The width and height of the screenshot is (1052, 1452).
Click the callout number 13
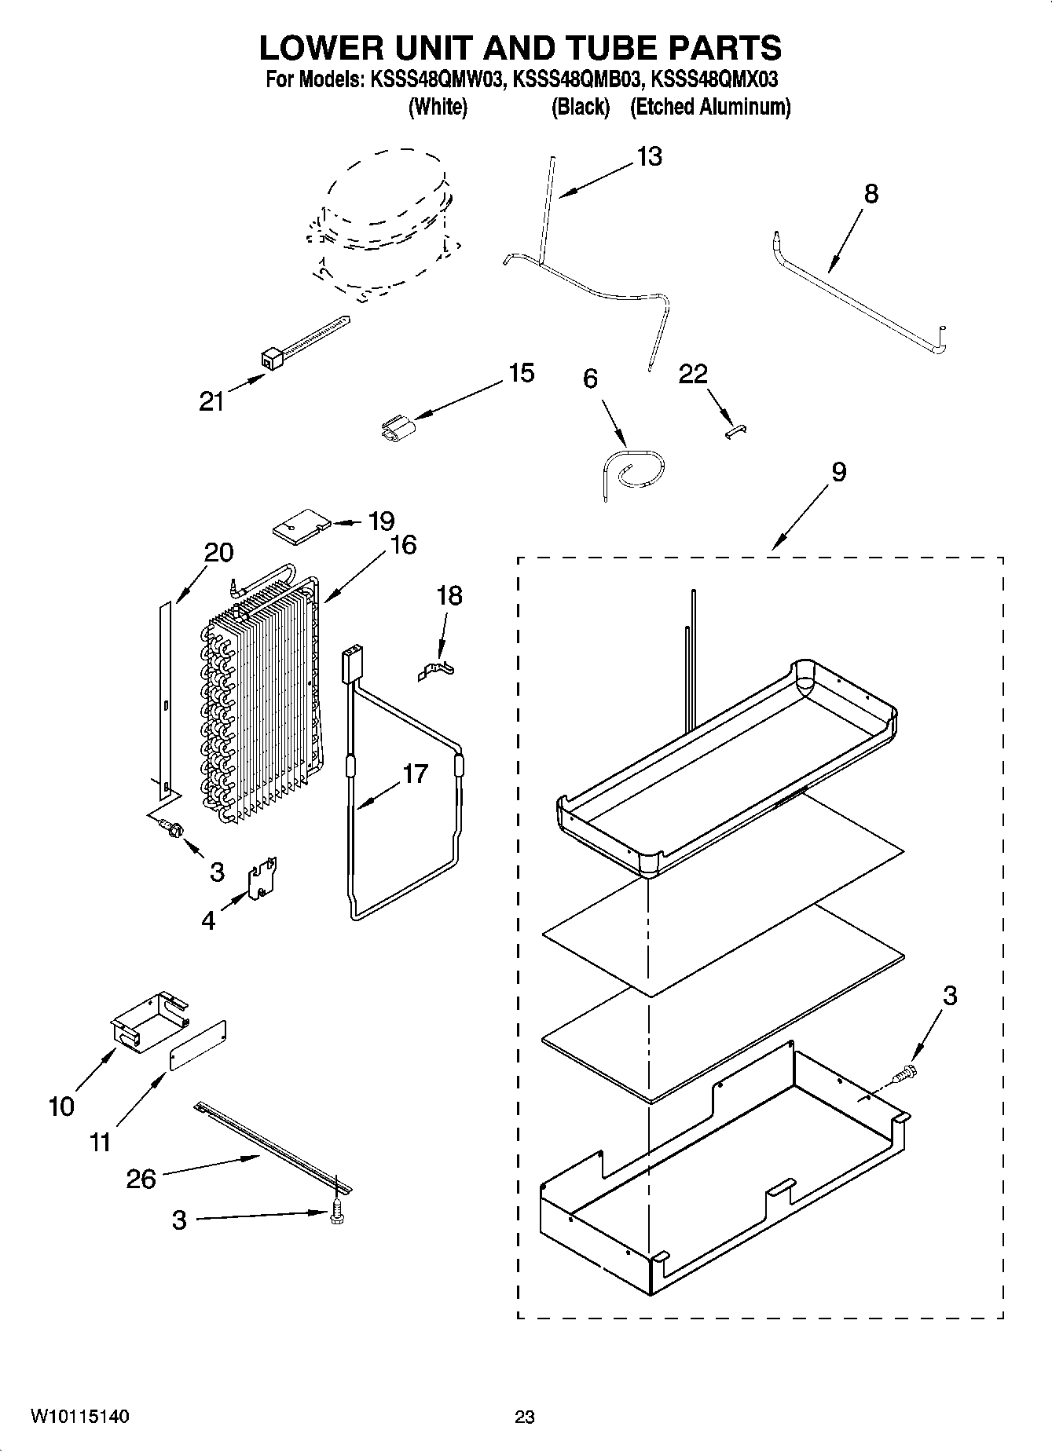click(x=649, y=157)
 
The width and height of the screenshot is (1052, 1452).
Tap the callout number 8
click(x=871, y=194)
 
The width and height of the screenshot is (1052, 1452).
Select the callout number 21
click(x=211, y=401)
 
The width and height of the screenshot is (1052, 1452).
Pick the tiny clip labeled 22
click(x=736, y=431)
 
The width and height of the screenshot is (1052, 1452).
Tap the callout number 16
click(x=402, y=545)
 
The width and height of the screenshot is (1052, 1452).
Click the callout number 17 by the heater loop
click(x=415, y=774)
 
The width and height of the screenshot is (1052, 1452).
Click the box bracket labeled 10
click(x=148, y=1019)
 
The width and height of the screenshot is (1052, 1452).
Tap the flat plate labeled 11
click(x=199, y=1045)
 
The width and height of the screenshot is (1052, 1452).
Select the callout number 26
click(x=141, y=1179)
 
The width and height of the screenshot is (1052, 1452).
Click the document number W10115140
click(x=79, y=1417)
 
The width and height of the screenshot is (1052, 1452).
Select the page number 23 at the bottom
click(x=525, y=1417)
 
